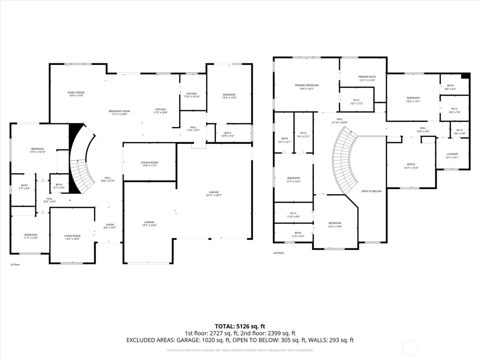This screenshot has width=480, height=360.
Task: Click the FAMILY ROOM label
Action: [76, 93]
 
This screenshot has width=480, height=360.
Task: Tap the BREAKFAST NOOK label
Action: [119, 111]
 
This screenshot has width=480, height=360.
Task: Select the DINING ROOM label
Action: [149, 163]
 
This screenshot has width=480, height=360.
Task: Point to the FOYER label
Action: [110, 225]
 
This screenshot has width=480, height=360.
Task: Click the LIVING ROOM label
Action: [72, 236]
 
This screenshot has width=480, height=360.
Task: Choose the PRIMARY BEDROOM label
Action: [307, 85]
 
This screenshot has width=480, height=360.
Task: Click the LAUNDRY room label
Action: [452, 154]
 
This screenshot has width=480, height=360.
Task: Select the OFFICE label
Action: [411, 164]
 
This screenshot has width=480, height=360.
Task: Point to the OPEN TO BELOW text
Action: [371, 191]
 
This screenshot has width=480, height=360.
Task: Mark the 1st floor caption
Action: [15, 265]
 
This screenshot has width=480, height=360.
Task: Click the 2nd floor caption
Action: [278, 253]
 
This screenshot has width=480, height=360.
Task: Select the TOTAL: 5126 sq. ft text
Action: [240, 326]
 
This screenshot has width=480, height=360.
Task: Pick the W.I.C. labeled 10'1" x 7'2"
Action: [356, 102]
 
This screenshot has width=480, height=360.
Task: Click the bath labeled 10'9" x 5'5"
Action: [227, 134]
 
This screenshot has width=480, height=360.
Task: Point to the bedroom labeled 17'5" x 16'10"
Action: [37, 150]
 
